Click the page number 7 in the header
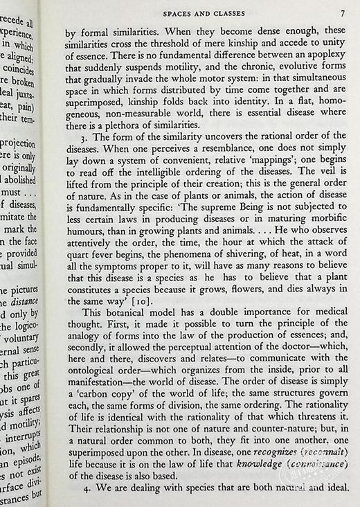pyautogui.click(x=344, y=12)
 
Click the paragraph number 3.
pyautogui.click(x=75, y=136)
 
